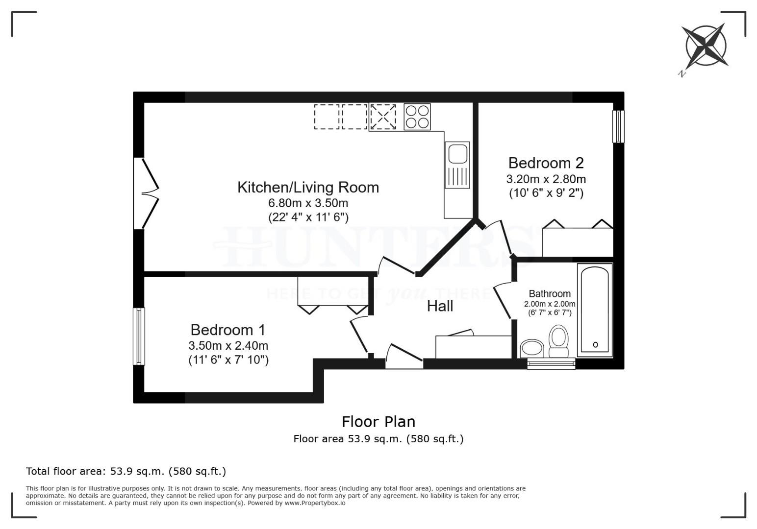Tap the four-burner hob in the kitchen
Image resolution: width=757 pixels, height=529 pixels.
(417, 117)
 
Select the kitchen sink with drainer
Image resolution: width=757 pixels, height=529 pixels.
(457, 165)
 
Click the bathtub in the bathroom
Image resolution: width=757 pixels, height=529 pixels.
(595, 310)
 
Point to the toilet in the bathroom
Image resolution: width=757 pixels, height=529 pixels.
(558, 342)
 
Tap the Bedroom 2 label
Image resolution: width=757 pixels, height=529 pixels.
(546, 163)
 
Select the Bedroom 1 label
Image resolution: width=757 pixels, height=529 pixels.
(228, 329)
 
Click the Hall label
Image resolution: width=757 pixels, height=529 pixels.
(440, 306)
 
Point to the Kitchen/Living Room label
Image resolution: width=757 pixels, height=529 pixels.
(308, 187)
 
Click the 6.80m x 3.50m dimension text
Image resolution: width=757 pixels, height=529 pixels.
(308, 203)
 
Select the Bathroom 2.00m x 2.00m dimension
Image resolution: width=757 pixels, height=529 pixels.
(550, 304)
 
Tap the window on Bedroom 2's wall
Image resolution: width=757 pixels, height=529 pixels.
(619, 126)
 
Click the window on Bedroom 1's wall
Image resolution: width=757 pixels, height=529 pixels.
(139, 336)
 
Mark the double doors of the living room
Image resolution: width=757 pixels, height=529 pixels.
(146, 193)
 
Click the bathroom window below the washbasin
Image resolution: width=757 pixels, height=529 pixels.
(551, 363)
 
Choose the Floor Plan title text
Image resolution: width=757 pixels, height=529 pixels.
(378, 422)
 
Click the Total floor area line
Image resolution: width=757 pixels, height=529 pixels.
(126, 472)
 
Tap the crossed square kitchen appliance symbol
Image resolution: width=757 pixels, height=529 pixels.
(382, 117)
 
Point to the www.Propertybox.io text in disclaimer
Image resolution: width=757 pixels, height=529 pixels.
(315, 503)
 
